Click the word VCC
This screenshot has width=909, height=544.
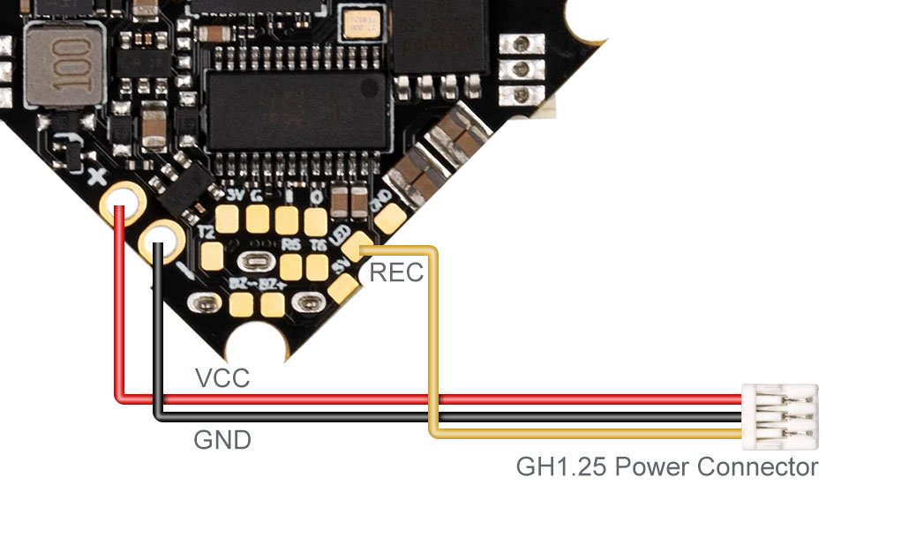[222, 378]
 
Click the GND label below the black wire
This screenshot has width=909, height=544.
[222, 439]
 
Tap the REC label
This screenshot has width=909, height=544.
[396, 272]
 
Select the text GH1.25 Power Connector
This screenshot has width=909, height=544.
[666, 466]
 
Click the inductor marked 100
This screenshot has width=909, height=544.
[63, 65]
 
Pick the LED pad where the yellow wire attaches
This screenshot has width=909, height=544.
[356, 248]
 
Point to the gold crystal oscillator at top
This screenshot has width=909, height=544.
[361, 26]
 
